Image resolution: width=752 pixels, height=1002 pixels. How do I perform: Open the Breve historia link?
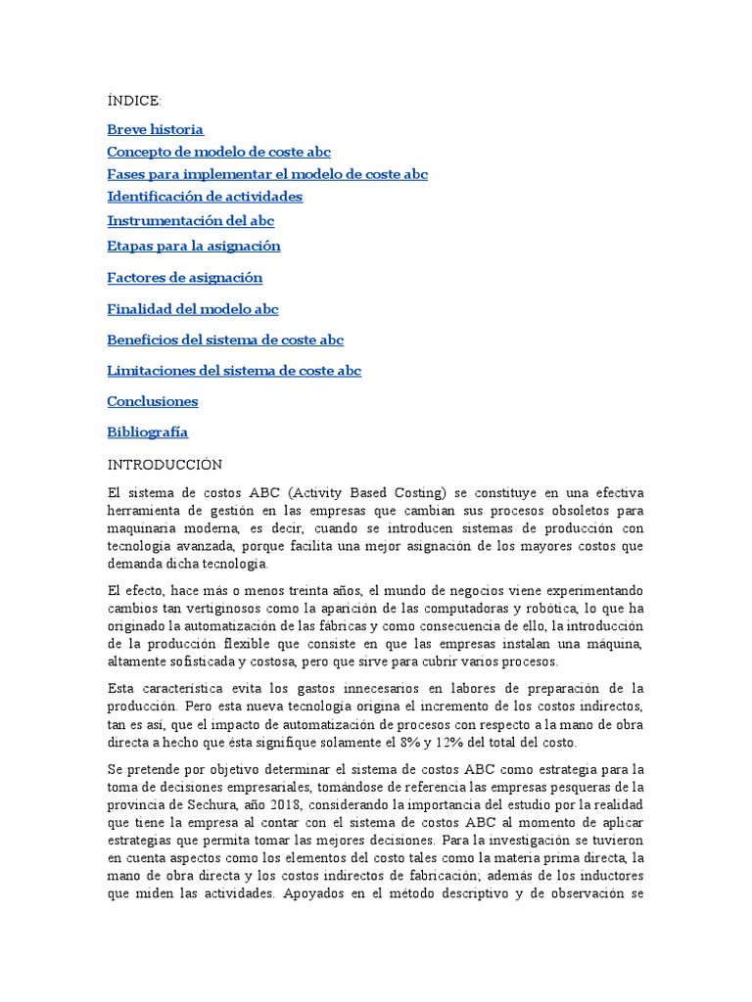point(155,129)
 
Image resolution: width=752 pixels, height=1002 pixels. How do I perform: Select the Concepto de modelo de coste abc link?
point(218,152)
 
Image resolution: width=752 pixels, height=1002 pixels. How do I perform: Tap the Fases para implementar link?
point(267,174)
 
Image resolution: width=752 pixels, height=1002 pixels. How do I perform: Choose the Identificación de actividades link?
point(205,197)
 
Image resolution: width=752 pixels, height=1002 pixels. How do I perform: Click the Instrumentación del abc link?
point(191,220)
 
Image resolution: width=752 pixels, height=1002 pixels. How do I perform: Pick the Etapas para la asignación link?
point(194,246)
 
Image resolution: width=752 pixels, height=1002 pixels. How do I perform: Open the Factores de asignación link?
point(185,278)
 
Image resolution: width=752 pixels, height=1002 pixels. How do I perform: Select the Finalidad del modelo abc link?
point(193,309)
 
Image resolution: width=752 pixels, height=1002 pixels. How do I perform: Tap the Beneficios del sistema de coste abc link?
point(225,341)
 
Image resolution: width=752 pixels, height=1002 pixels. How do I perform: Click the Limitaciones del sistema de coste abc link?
point(234,371)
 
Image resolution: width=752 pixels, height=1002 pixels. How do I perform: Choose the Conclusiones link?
point(153,401)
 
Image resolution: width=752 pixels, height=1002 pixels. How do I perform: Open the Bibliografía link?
point(148,432)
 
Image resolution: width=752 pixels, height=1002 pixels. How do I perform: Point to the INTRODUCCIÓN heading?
point(164,464)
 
